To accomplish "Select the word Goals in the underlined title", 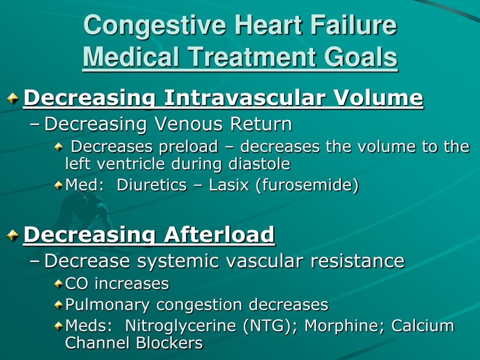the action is coord(360,57).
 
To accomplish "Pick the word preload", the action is coord(188,147).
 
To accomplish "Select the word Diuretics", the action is coord(151,185).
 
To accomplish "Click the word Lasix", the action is coord(228,185).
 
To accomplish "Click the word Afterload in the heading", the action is coord(219,234).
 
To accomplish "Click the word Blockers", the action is coord(169,343).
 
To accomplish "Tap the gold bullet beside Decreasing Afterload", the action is coord(13,235).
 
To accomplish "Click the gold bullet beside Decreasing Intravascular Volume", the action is coord(13,98).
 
